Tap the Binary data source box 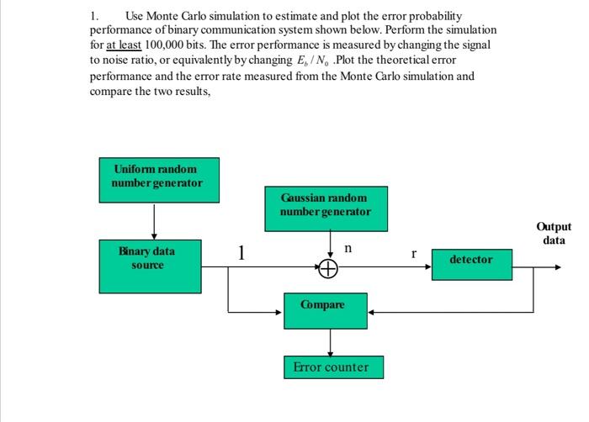(x=147, y=258)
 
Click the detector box (x=470, y=260)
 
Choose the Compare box (x=323, y=305)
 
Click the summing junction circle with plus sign (x=328, y=268)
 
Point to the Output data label (x=553, y=233)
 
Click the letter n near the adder (x=348, y=250)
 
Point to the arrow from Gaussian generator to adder (x=328, y=245)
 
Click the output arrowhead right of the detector (x=555, y=268)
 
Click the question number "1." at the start (x=94, y=16)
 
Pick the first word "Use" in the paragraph (x=135, y=16)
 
